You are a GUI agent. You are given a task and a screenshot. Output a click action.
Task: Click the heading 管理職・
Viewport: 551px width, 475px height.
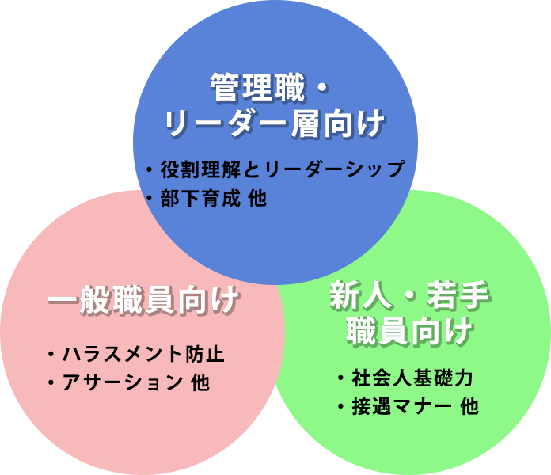tap(269, 87)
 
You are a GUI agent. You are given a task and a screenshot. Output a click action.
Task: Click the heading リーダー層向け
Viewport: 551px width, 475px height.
tap(275, 124)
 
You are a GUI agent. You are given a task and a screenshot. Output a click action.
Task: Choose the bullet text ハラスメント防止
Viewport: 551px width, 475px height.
tap(143, 353)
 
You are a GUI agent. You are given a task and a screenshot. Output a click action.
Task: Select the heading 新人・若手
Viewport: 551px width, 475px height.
tap(410, 297)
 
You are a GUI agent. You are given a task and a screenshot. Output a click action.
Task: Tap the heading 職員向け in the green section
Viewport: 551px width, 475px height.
tap(410, 332)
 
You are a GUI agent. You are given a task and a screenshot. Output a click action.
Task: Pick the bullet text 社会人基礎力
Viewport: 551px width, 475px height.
tap(412, 378)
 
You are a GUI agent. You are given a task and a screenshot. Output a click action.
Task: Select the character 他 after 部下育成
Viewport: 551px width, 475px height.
tap(257, 199)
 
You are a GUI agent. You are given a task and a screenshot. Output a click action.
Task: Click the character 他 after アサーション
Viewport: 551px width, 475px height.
tap(200, 382)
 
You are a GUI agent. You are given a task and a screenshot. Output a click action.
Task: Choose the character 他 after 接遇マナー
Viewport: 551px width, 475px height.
tap(469, 407)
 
